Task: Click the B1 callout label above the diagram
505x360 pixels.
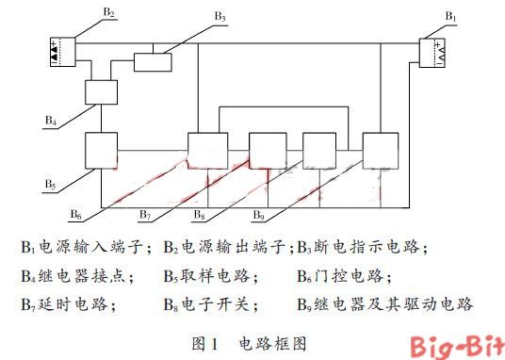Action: (450, 17)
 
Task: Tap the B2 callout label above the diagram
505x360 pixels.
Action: (109, 12)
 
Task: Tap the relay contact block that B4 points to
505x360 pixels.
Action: (100, 91)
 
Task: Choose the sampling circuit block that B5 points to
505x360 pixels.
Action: (101, 150)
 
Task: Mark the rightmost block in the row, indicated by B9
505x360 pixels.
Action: (381, 150)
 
